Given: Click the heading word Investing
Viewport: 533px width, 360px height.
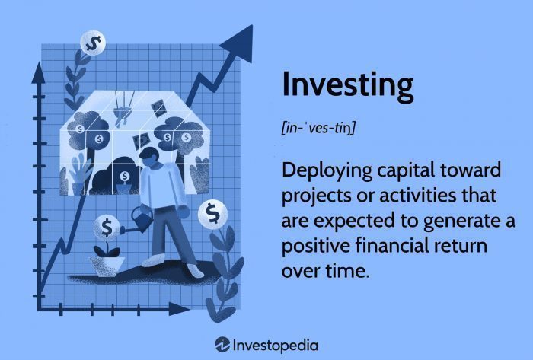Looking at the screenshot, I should click(x=347, y=85).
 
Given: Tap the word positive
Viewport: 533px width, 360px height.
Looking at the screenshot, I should click(x=314, y=247).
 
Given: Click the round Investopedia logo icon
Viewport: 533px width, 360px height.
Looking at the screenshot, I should click(x=223, y=344).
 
